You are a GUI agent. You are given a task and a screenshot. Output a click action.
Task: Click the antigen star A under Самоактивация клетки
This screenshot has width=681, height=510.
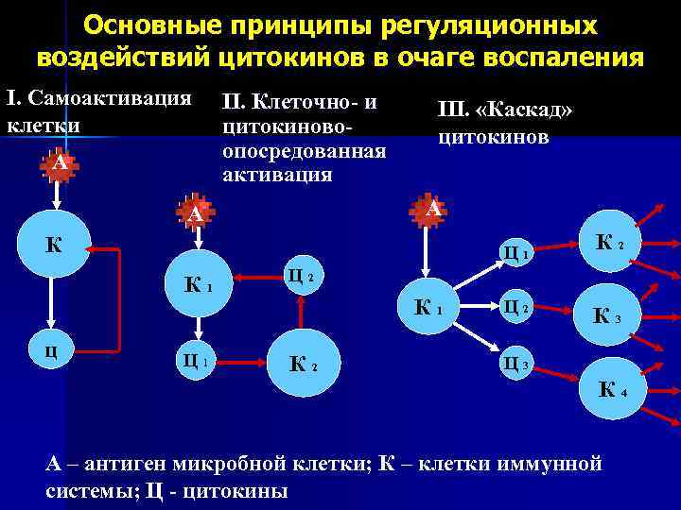(x=60, y=164)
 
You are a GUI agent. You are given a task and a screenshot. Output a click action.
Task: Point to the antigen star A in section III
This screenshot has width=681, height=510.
(x=429, y=209)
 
